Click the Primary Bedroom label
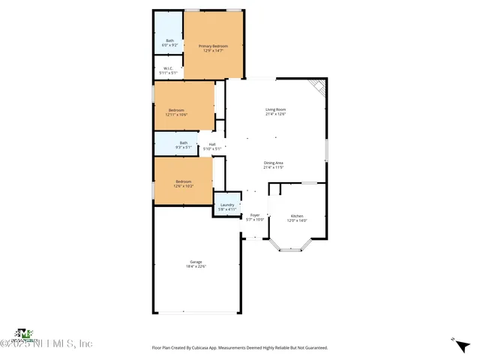(213, 46)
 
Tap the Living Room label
(275, 109)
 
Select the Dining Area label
(273, 163)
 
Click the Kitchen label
(298, 215)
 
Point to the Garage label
(196, 262)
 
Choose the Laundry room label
(227, 205)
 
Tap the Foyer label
(255, 215)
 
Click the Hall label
(212, 144)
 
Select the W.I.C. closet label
(168, 69)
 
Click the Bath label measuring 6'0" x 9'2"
(169, 40)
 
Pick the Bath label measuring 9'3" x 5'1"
(184, 143)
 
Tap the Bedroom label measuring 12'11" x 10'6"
(176, 110)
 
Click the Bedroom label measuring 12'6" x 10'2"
(184, 181)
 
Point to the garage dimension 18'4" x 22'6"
(196, 266)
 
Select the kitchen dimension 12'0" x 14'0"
(298, 220)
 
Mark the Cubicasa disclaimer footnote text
(240, 348)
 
